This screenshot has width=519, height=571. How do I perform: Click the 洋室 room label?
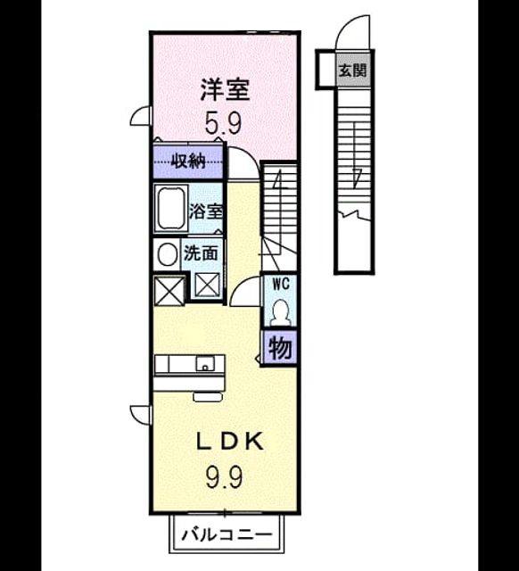coord(226,90)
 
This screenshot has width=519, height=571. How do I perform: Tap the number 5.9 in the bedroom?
coord(223,123)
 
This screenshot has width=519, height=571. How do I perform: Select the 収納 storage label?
coord(188,161)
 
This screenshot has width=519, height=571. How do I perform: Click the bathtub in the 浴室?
coord(170,209)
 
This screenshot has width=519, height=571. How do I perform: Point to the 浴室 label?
coord(206,211)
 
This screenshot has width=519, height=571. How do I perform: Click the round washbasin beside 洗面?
coord(167,254)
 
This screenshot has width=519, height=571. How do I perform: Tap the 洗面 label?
coord(201,253)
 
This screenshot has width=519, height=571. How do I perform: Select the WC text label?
coord(281,284)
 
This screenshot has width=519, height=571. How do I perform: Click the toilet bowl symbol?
coord(281,312)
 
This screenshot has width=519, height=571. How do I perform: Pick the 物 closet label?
coord(280,348)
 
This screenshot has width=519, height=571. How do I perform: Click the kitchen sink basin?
coord(205,363)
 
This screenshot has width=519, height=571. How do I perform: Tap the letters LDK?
coord(230,442)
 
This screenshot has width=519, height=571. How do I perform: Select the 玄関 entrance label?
coord(352,70)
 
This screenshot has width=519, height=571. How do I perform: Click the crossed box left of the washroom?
coord(169,290)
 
